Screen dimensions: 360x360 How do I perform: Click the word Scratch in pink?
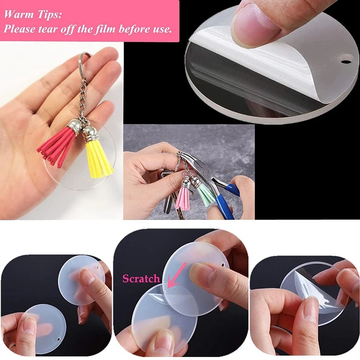pos(141,279)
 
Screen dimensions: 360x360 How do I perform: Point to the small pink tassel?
pos(183,198)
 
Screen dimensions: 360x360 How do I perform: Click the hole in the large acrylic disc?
pos(346,58)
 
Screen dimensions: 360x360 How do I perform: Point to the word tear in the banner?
pos(49,30)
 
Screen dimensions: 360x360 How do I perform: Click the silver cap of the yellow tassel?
pos(89,134)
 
